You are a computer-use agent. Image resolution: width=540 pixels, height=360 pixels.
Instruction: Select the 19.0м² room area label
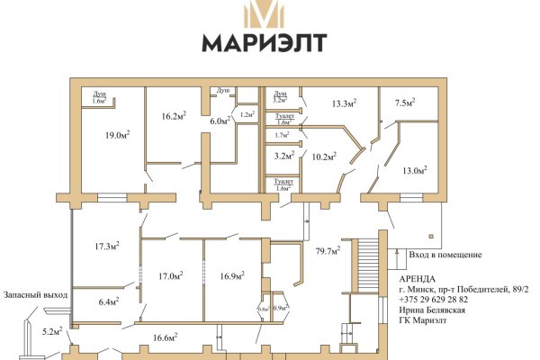click(114, 134)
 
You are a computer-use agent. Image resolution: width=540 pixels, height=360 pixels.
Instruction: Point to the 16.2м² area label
click(174, 115)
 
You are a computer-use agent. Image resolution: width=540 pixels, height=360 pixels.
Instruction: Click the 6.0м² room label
click(220, 121)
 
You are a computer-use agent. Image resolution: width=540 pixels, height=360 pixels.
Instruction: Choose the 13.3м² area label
click(344, 103)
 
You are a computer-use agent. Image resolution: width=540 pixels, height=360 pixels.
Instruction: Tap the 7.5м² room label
click(406, 103)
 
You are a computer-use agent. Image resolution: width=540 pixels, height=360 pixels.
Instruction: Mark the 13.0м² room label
click(415, 170)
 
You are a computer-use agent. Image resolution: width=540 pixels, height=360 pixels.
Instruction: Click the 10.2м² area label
click(323, 156)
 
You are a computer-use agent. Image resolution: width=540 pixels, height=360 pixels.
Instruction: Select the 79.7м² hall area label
click(326, 251)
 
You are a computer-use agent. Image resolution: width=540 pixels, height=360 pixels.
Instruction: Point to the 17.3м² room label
click(107, 244)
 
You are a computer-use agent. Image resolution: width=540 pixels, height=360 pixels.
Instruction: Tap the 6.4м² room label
click(108, 302)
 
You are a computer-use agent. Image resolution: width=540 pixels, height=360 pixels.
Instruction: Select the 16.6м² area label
click(164, 337)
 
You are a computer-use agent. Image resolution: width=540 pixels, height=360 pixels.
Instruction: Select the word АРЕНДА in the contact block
click(417, 278)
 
